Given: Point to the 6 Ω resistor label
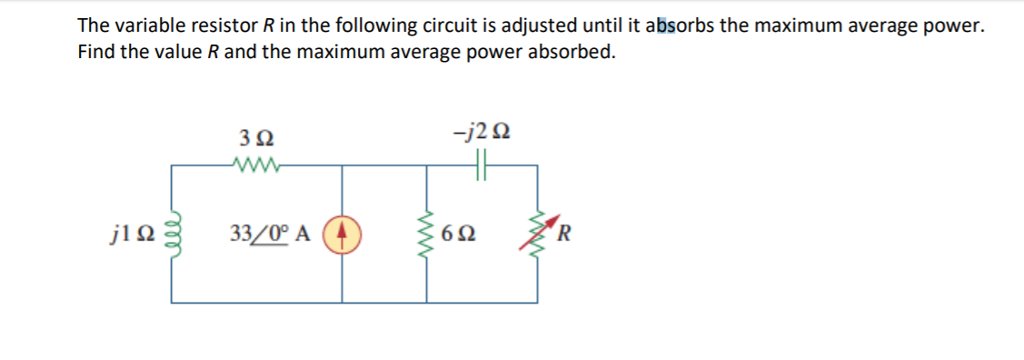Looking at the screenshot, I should click(458, 236).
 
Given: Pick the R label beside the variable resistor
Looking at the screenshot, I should click(566, 236).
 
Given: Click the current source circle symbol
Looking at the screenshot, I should click(342, 236).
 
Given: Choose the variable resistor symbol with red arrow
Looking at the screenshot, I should click(540, 236).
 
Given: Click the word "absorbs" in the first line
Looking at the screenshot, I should click(681, 26).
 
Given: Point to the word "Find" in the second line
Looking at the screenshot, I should click(95, 51).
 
